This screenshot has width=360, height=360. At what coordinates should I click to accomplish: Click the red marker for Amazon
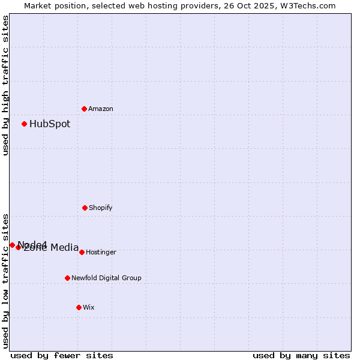coord(85,109)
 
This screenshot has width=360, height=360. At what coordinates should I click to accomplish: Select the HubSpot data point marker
coord(25,124)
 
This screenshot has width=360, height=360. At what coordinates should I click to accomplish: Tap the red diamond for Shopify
coord(85,208)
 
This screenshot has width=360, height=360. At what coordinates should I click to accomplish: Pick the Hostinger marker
coord(82,252)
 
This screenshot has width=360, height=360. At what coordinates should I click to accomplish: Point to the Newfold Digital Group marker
coord(67,278)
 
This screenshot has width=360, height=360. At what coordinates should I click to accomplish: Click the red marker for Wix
coord(79,307)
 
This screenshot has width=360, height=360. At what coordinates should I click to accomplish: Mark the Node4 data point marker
coord(12,245)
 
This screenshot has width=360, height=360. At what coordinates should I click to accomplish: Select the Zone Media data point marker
coord(19,247)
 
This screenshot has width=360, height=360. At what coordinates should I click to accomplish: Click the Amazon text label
coord(101,109)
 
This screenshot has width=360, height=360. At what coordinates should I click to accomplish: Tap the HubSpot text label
coord(50,124)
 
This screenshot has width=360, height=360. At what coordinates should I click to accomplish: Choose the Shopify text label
coord(101,208)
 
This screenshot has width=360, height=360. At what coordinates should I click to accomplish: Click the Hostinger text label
coord(101,252)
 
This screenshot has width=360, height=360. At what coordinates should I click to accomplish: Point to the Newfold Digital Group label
coord(106,278)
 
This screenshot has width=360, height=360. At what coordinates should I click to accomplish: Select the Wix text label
coord(89,307)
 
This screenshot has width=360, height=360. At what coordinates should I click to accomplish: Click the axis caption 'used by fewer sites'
coord(62,355)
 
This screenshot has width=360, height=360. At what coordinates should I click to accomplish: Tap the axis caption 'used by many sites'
coord(301,355)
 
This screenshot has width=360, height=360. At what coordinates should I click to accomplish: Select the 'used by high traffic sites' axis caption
coord(5,85)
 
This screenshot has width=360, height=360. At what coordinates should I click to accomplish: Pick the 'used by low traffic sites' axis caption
coord(5,280)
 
